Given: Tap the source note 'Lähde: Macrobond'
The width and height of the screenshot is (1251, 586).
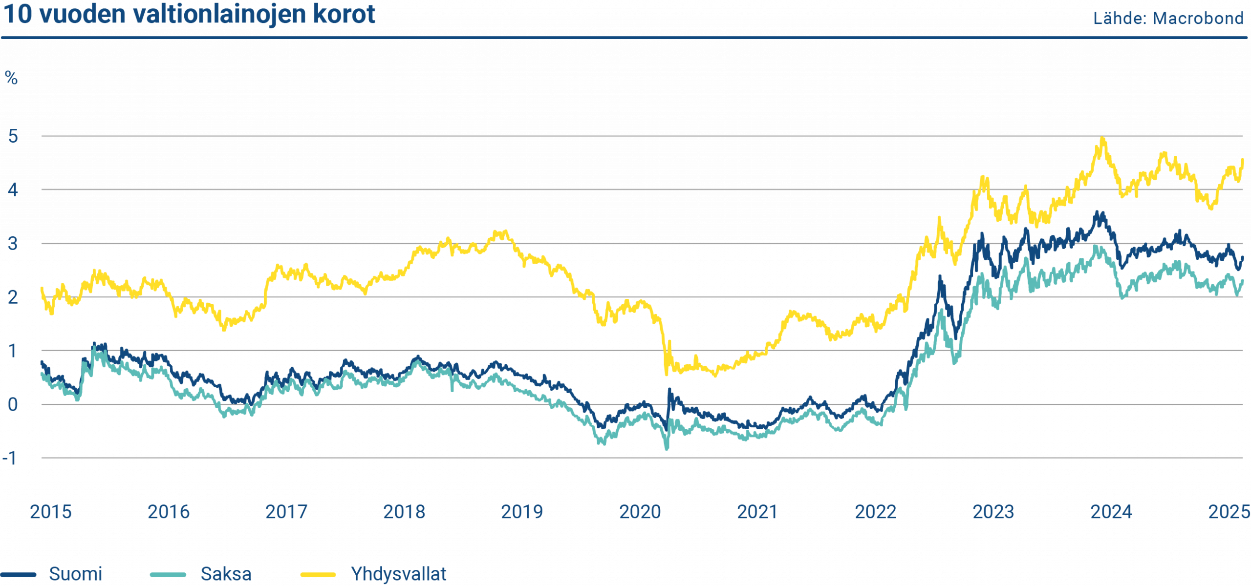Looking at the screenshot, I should point(1168,19).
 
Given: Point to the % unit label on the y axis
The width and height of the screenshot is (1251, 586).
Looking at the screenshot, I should point(11,78).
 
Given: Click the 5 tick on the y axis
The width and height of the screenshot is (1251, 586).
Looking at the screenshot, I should point(13,136).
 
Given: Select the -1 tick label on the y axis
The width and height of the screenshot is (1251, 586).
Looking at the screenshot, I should point(10,458).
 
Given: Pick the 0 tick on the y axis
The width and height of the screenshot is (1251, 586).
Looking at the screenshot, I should point(13,404).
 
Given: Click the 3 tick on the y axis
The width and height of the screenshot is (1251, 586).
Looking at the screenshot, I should point(13,243).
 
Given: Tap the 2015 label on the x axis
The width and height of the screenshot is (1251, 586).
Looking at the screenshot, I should point(50,512).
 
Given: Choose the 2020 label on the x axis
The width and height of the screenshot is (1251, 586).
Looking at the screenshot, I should point(640,512).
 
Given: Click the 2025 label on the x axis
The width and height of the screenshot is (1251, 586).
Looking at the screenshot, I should point(1229,512).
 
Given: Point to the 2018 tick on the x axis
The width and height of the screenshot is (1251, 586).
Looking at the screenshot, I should point(404,512).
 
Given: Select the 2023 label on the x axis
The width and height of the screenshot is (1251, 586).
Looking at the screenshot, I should point(993,512).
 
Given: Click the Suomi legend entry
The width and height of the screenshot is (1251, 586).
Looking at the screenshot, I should point(75,574).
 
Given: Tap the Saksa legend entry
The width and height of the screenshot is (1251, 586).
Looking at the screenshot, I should point(226,574).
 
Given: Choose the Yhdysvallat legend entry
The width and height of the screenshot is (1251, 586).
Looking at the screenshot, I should point(398,574).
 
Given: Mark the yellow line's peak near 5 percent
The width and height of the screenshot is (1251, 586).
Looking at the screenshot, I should point(1102,139).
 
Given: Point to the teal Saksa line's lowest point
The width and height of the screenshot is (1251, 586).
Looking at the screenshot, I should point(667,448).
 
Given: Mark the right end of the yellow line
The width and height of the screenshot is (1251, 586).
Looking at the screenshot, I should point(1243,159).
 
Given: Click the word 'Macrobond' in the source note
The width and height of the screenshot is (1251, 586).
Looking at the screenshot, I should point(1198,19).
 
